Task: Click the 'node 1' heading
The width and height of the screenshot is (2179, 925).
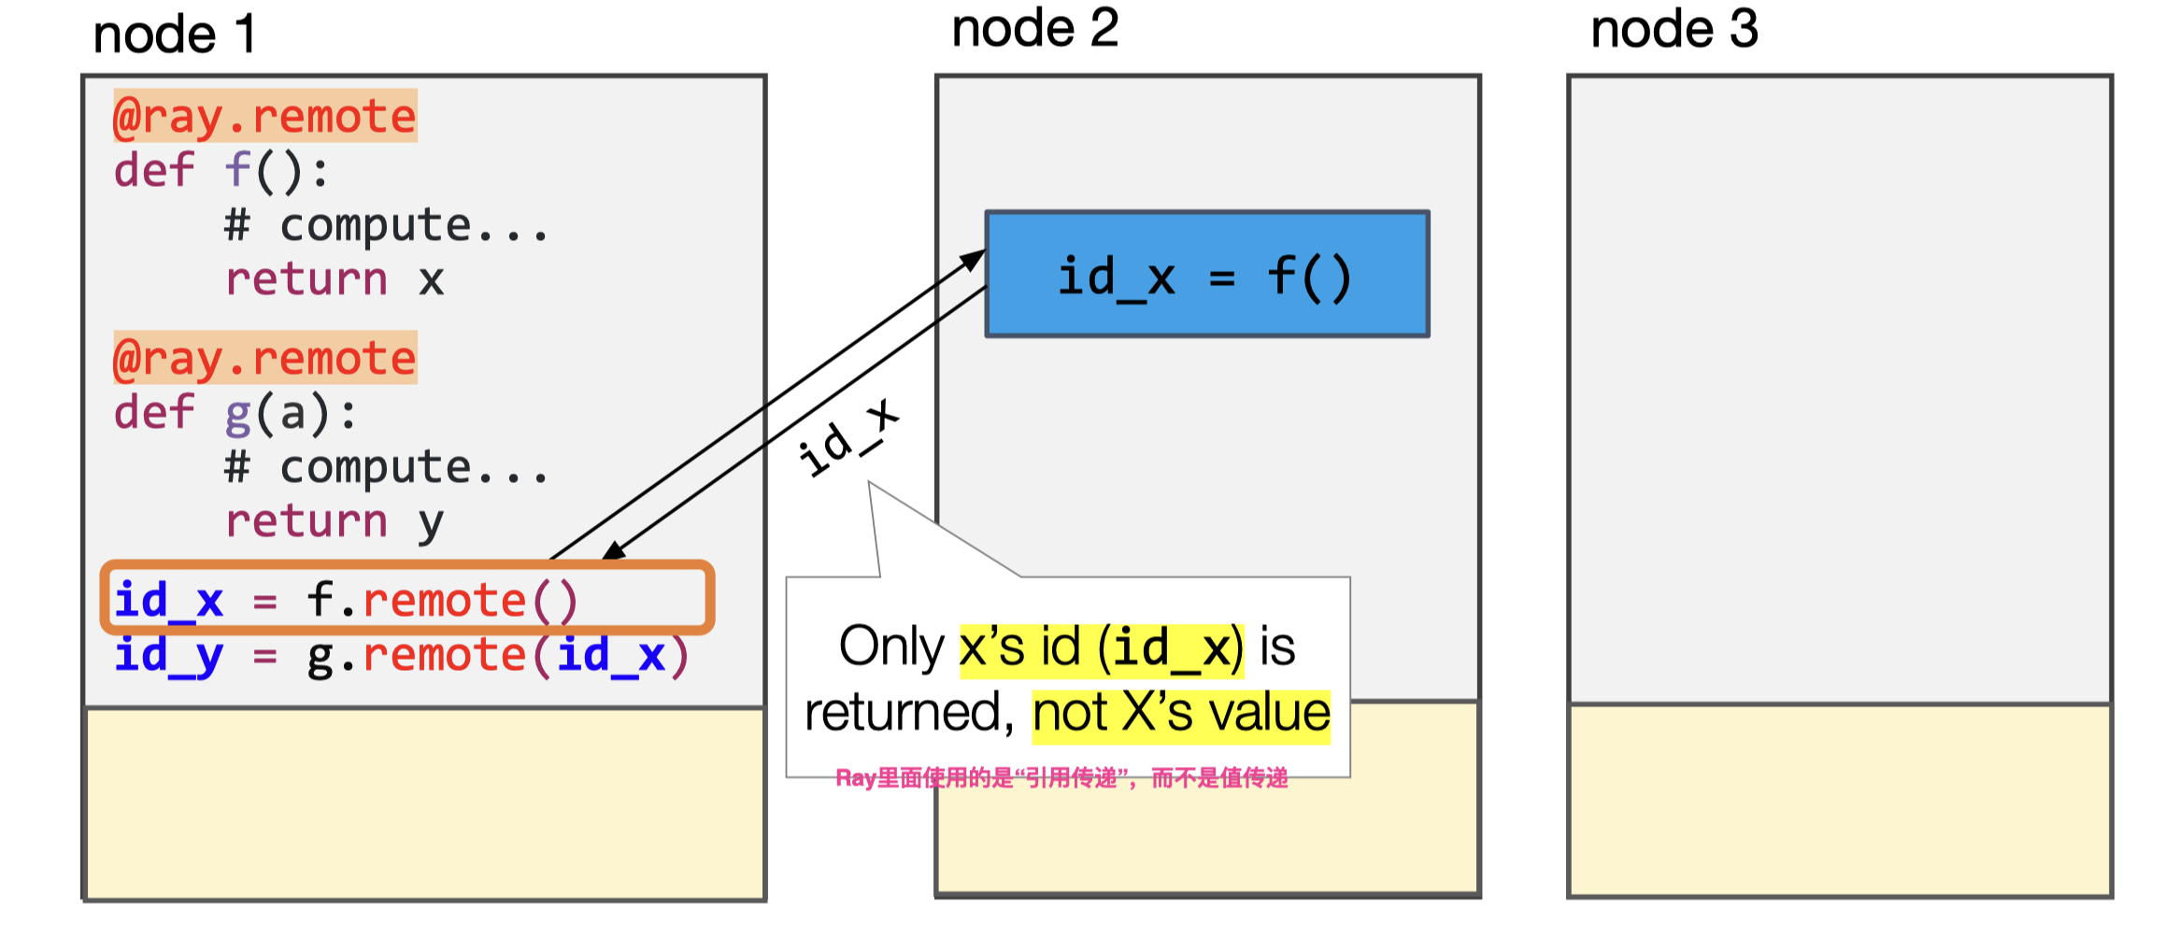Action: tap(174, 36)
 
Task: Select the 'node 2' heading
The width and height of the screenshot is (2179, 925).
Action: tap(1034, 28)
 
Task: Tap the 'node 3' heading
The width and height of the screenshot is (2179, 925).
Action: tap(1673, 29)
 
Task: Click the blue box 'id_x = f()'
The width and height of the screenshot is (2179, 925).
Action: tap(1206, 275)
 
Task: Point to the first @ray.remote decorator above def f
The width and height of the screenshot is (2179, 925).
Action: tap(264, 116)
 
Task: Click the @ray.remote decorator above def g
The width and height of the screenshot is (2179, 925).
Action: tap(264, 358)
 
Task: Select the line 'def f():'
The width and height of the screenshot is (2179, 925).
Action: tap(221, 171)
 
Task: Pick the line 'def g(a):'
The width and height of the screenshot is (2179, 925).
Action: tap(235, 413)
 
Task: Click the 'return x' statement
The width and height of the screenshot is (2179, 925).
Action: tap(334, 279)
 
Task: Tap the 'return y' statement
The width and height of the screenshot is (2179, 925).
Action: tap(334, 521)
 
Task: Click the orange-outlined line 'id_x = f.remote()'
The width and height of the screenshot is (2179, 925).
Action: tap(406, 598)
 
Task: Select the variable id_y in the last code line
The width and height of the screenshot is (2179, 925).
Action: tap(168, 655)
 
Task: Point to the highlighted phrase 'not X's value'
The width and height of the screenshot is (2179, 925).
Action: tap(1180, 713)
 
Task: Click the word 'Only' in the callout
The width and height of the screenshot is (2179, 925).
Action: tap(891, 647)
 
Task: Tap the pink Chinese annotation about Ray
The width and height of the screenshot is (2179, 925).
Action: tap(1061, 778)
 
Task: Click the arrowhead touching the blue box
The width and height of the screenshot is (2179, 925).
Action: tap(976, 258)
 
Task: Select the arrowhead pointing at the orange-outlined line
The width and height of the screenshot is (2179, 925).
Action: tap(613, 552)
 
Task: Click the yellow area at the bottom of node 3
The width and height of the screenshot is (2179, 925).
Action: tap(1839, 801)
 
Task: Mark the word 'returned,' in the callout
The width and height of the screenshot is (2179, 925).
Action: tap(909, 713)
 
